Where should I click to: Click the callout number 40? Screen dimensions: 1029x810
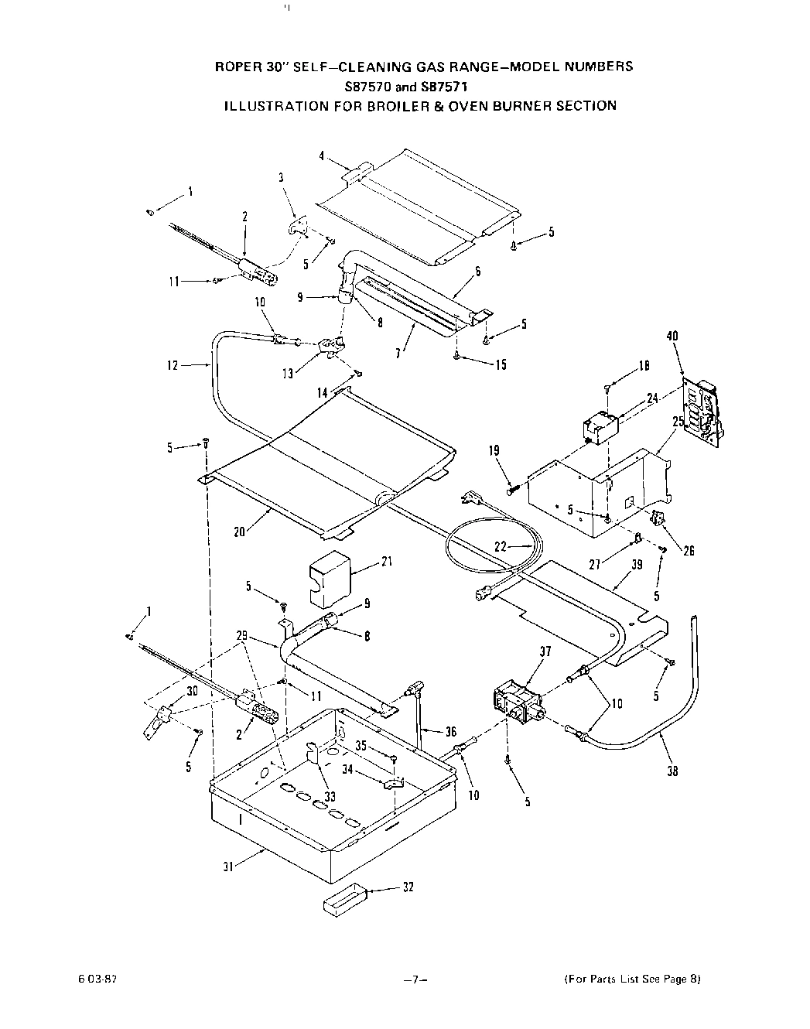click(x=672, y=337)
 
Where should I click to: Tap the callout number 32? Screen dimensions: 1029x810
click(x=408, y=887)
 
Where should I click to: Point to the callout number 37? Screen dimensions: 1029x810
click(x=546, y=651)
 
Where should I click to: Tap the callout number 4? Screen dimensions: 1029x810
click(x=322, y=156)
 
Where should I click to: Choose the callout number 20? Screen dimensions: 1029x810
click(x=239, y=532)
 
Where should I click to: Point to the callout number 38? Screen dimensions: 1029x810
click(x=672, y=771)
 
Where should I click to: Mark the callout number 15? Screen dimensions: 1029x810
click(x=501, y=364)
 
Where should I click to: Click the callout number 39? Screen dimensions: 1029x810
click(x=637, y=565)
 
